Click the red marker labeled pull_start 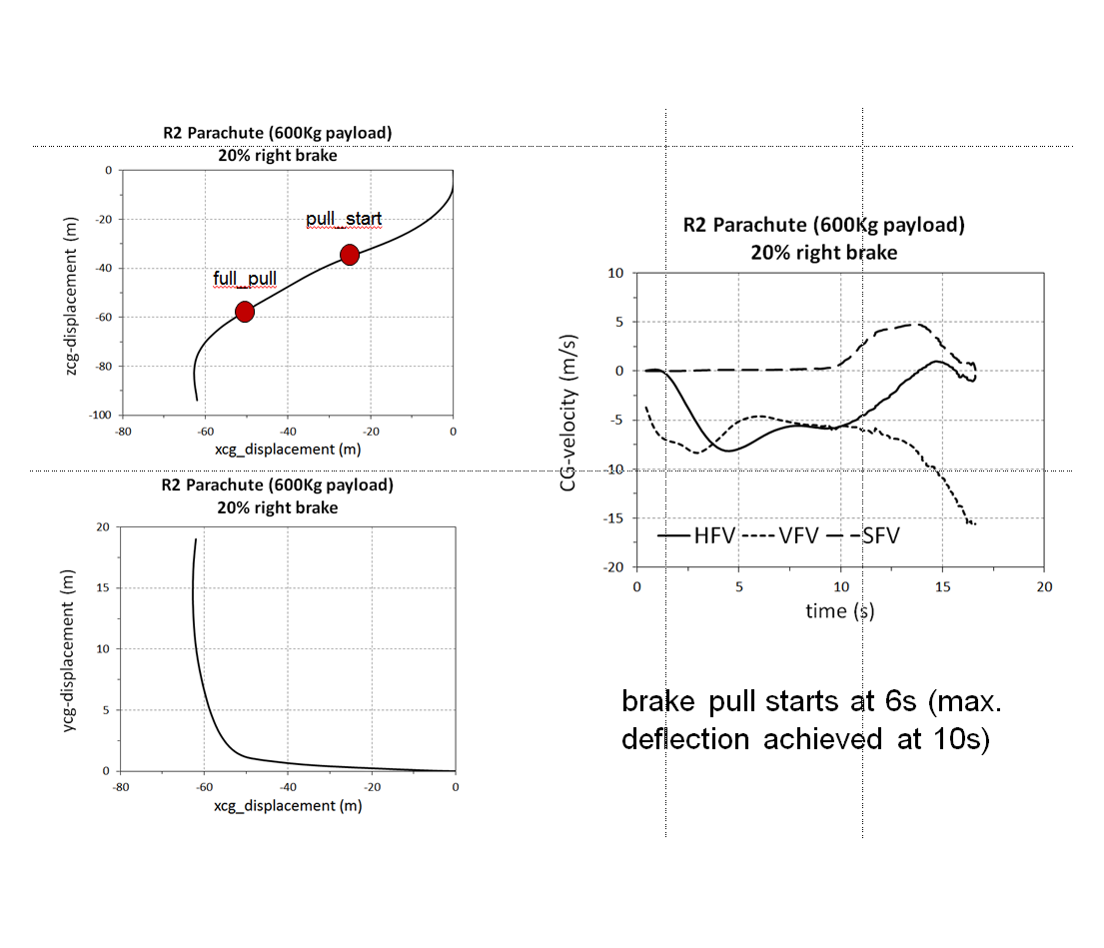[x=349, y=255]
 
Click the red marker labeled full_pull [x=244, y=312]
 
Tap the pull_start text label [x=344, y=219]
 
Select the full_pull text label [x=245, y=278]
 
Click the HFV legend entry [x=697, y=535]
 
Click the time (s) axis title [x=840, y=611]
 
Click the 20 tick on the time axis [x=1043, y=586]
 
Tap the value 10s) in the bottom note [x=954, y=739]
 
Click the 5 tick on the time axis [x=739, y=586]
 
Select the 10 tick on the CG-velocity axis [x=614, y=273]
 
